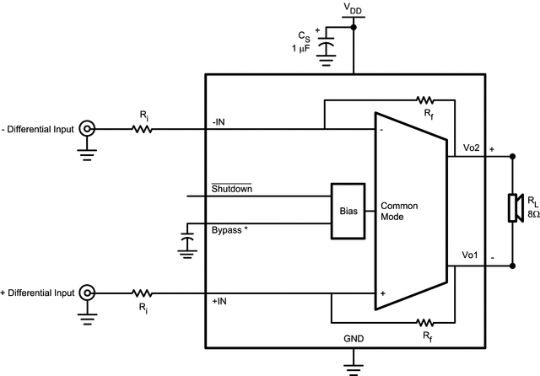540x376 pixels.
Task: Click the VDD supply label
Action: (x=354, y=8)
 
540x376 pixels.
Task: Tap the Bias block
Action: (x=348, y=211)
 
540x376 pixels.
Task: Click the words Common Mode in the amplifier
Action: (x=400, y=211)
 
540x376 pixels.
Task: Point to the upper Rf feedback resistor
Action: (x=424, y=99)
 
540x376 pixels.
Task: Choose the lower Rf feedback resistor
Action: (x=424, y=321)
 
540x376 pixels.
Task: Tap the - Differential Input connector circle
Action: (x=86, y=129)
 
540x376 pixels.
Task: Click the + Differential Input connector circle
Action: (x=86, y=293)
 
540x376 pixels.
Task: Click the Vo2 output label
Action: (x=471, y=148)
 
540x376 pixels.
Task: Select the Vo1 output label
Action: (x=471, y=255)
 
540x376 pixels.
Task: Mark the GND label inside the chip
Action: (x=354, y=337)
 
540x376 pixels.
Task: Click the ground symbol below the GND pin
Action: (x=354, y=366)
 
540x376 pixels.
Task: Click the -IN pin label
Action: (x=219, y=121)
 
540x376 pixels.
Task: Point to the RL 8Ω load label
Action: (x=532, y=208)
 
